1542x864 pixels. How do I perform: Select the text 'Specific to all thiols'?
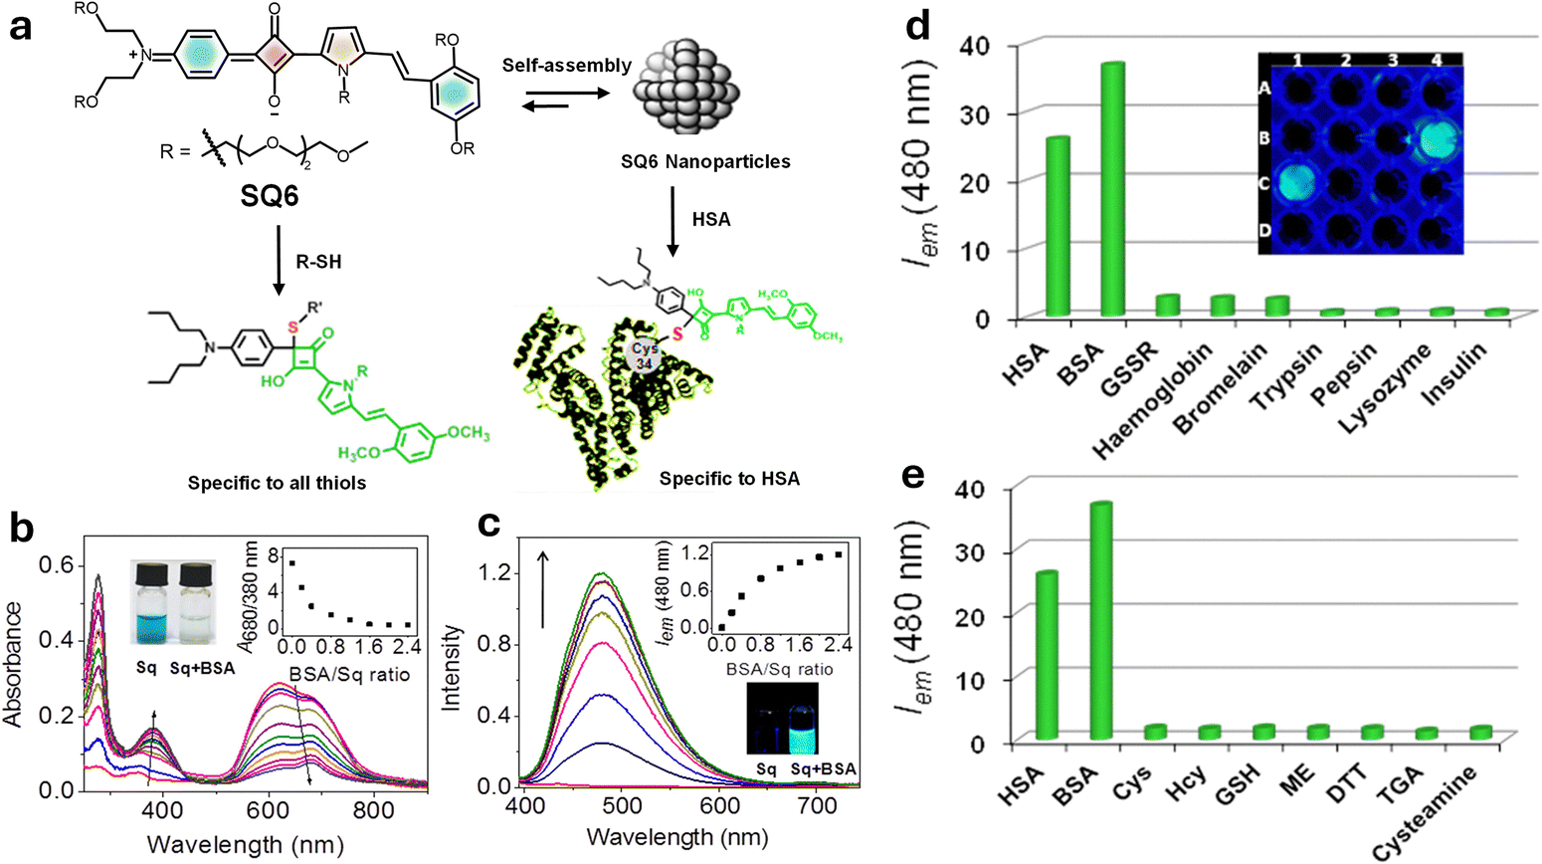[277, 483]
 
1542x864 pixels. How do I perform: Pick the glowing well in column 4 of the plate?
[1435, 137]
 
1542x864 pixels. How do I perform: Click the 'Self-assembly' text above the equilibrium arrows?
[566, 66]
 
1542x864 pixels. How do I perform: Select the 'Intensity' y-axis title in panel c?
[453, 667]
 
